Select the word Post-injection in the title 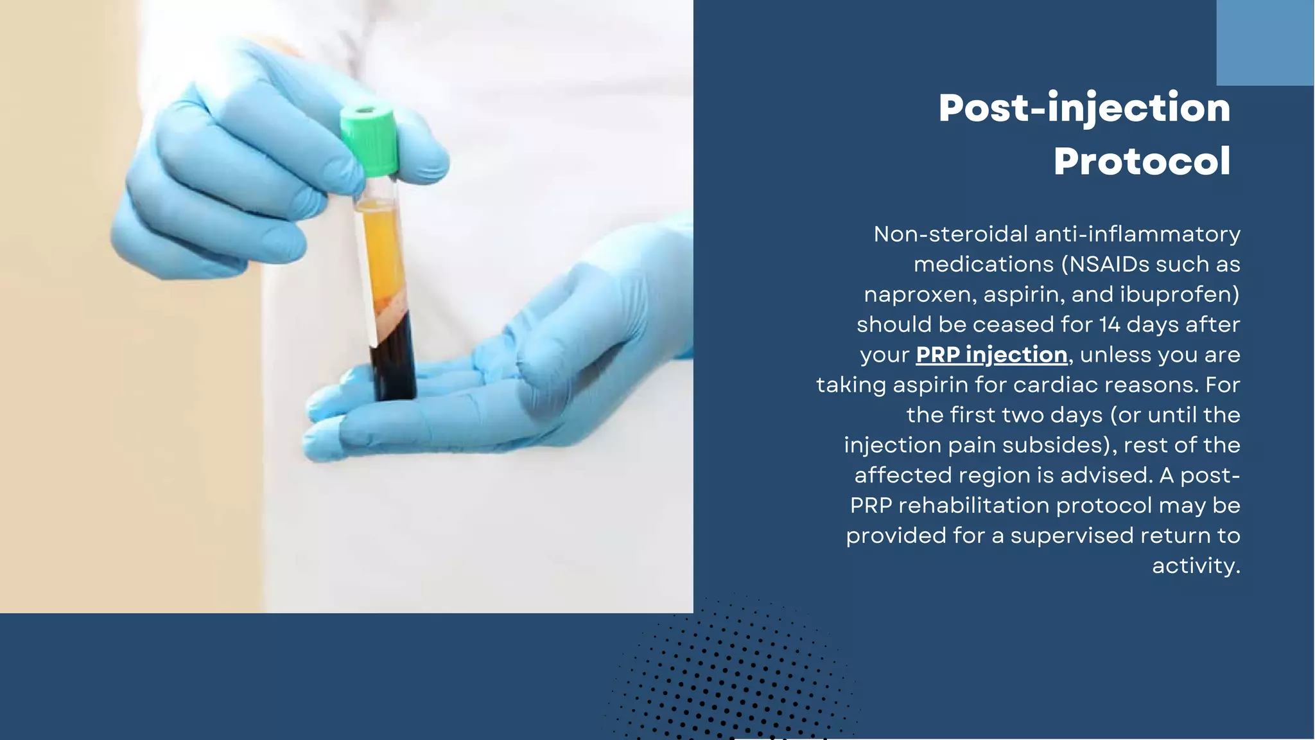[1084, 107]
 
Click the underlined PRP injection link [991, 355]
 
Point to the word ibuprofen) [1180, 294]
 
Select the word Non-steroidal [951, 234]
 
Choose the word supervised [1078, 536]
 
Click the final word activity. [1196, 566]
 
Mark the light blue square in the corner [1265, 42]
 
